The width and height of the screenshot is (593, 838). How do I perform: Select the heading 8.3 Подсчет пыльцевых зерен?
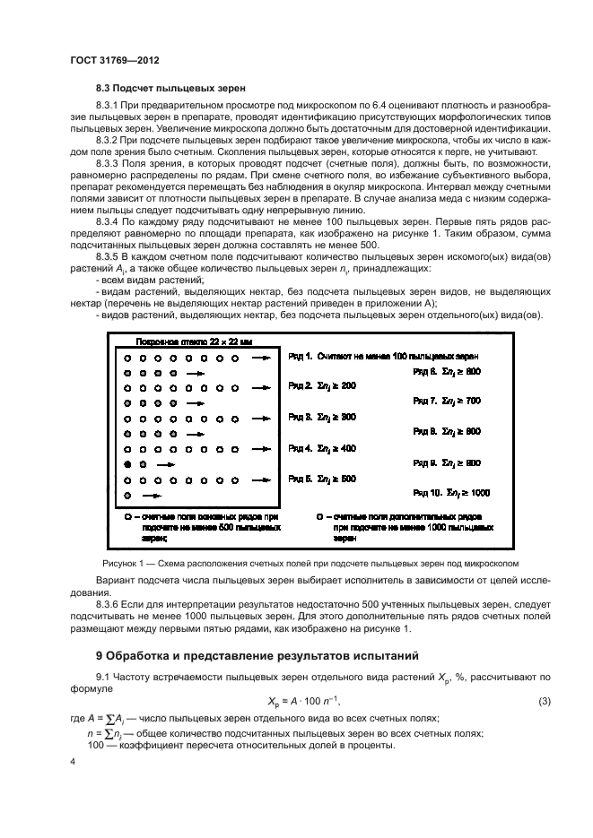170,88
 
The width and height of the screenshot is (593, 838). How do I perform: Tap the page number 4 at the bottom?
73,762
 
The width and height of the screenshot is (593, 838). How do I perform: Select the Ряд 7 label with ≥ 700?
447,400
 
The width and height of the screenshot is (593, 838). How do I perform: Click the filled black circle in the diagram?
128,464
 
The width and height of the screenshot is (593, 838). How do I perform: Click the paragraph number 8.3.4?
111,219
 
